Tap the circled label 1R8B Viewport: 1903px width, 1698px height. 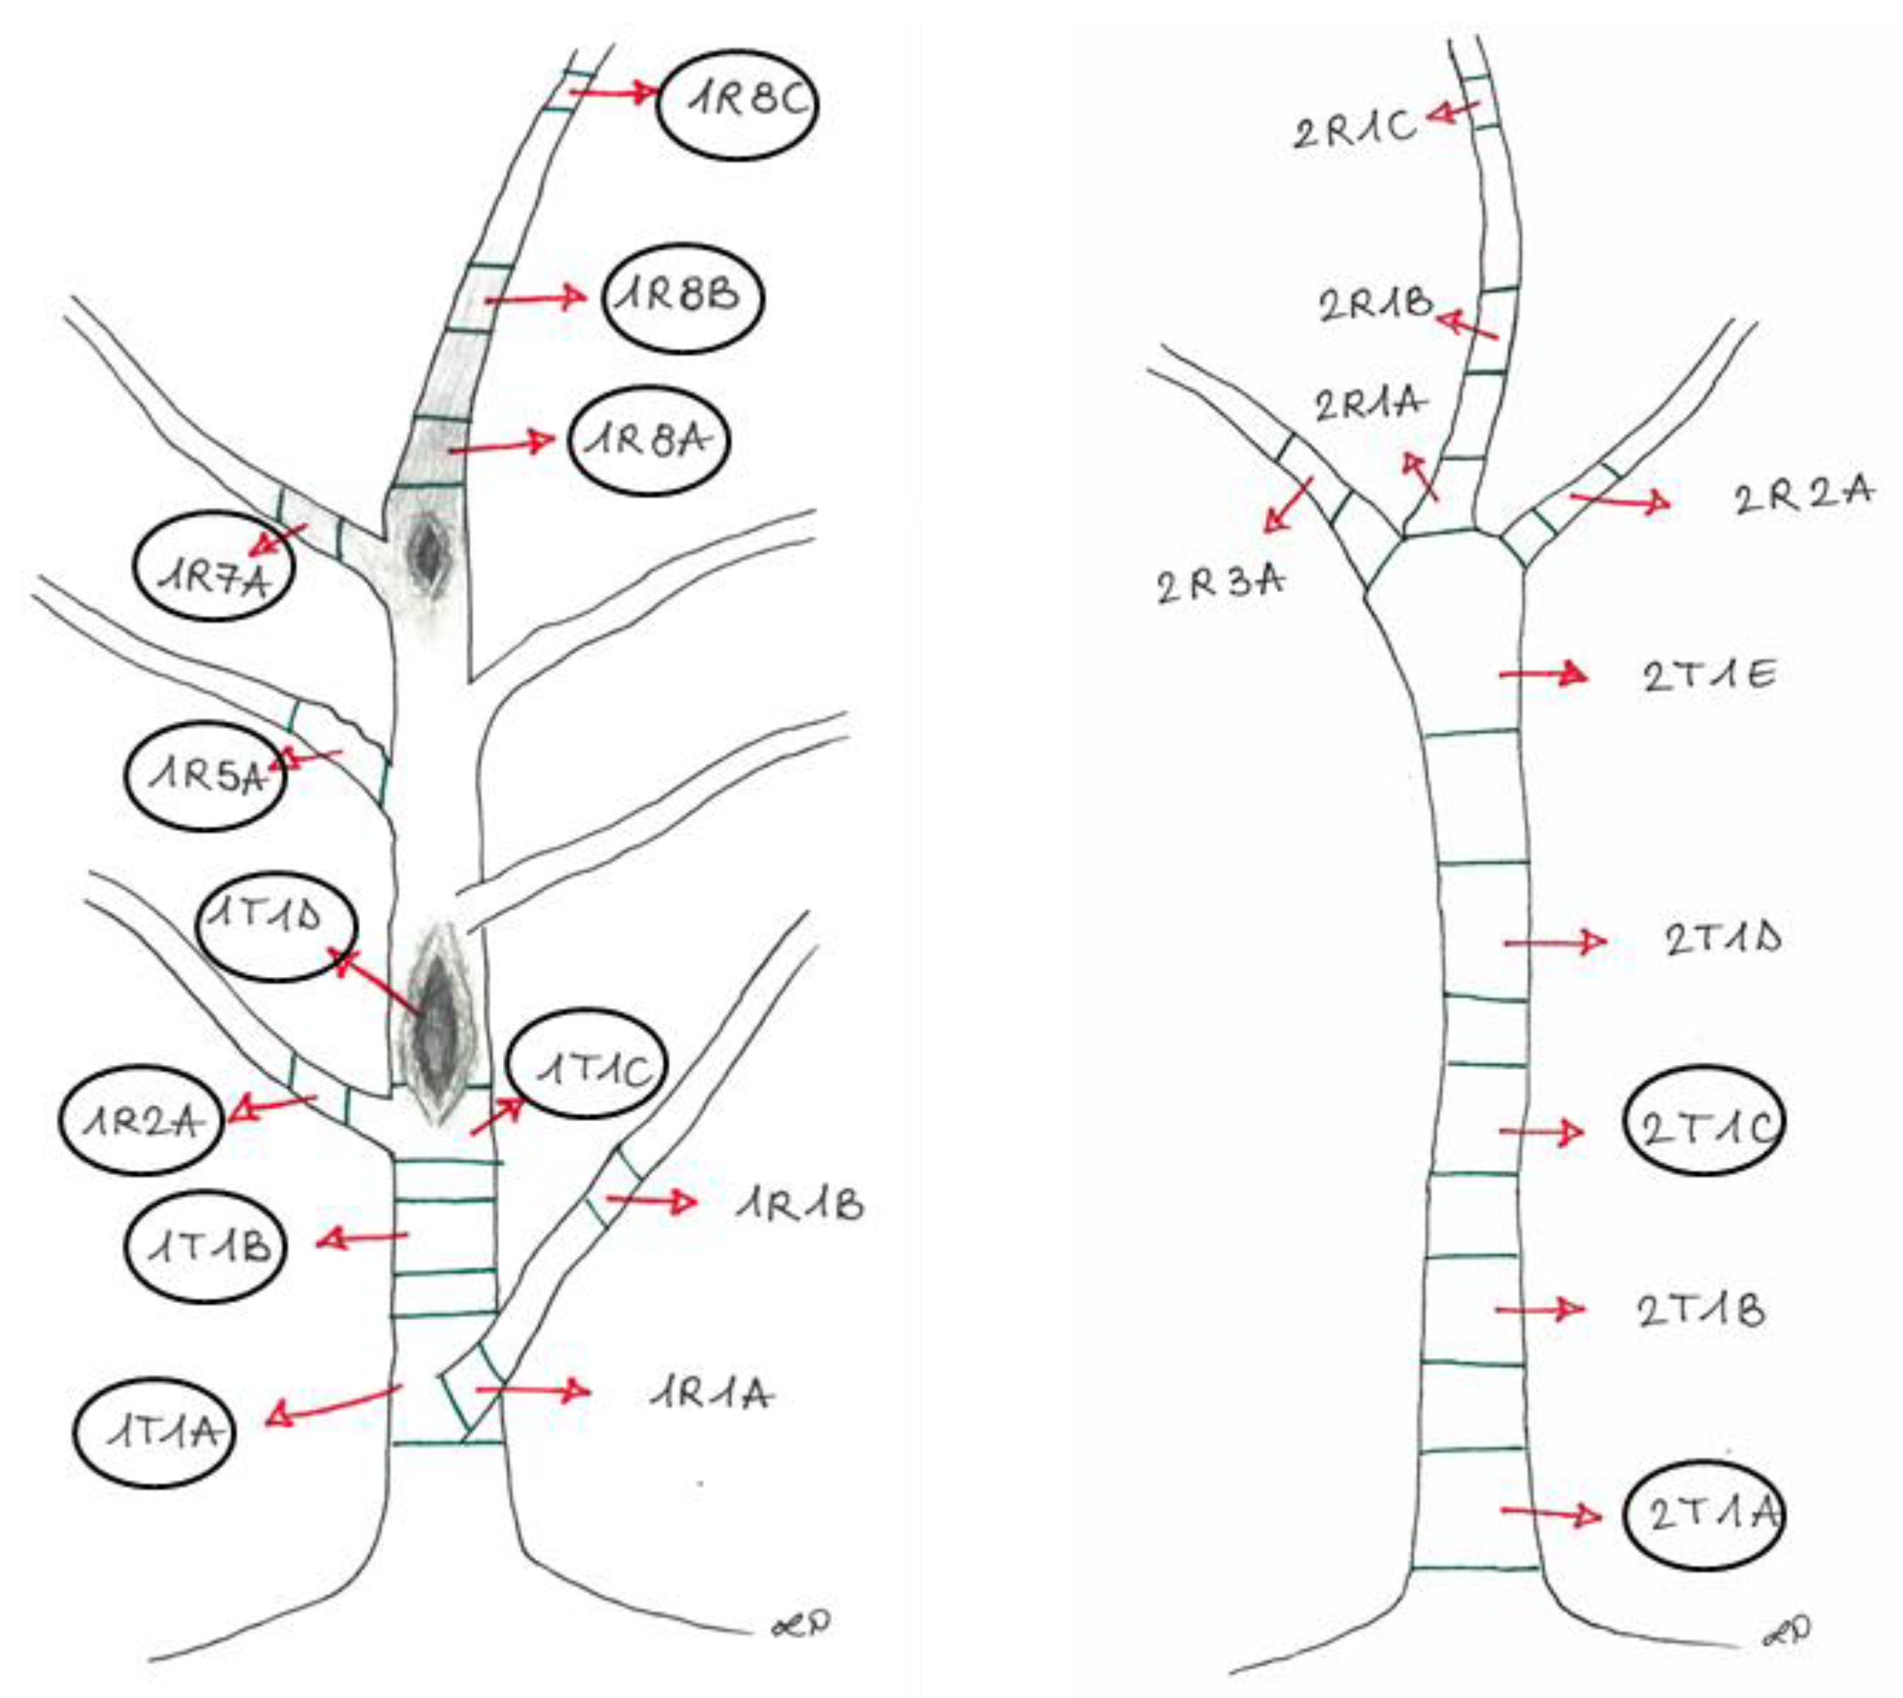point(682,298)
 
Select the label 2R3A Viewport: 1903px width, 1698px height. point(1220,585)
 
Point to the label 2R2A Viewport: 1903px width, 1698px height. point(1802,494)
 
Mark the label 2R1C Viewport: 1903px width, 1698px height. point(1354,131)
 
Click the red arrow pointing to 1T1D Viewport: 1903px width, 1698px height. point(376,980)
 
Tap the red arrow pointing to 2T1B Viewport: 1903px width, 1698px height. point(1540,1310)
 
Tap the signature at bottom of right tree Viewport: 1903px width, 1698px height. point(1787,1657)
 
